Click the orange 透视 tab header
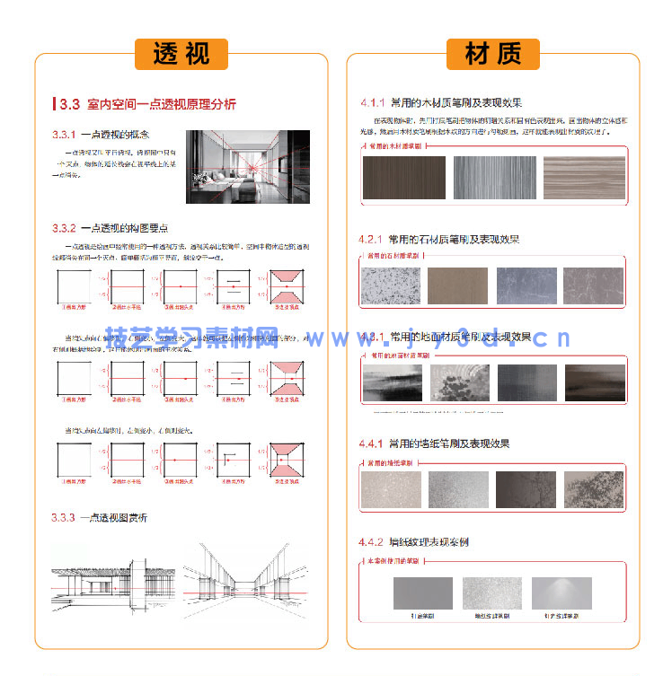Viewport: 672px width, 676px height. click(181, 54)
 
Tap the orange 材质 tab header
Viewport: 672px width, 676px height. click(492, 54)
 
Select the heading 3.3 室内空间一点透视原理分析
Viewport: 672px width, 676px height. click(147, 104)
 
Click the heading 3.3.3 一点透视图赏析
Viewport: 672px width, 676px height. click(99, 518)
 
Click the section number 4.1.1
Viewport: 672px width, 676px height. click(372, 102)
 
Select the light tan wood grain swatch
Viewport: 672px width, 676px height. click(584, 178)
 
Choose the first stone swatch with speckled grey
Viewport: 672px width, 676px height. click(390, 286)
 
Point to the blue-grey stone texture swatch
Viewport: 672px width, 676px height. click(526, 286)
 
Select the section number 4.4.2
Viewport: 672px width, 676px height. click(372, 542)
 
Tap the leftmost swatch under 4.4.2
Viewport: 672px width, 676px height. click(423, 593)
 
